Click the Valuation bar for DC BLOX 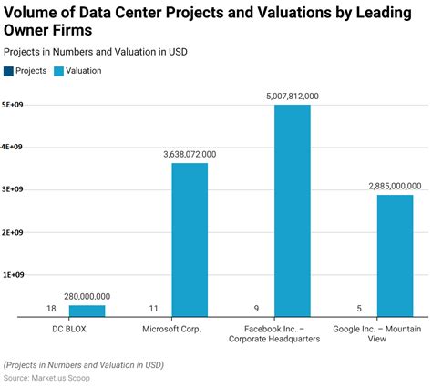[87, 311]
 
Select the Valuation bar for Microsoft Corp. [190, 239]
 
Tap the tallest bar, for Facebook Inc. [293, 210]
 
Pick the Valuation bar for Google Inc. [396, 255]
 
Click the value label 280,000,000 [87, 296]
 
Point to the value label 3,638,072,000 [190, 155]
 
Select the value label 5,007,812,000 [293, 97]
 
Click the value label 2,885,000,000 [396, 186]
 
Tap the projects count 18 [51, 309]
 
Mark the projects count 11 [154, 309]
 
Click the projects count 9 [257, 309]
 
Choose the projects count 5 [360, 309]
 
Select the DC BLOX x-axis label [69, 329]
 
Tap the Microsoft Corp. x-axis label [172, 329]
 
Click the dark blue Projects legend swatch [9, 70]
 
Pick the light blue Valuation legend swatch [59, 70]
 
